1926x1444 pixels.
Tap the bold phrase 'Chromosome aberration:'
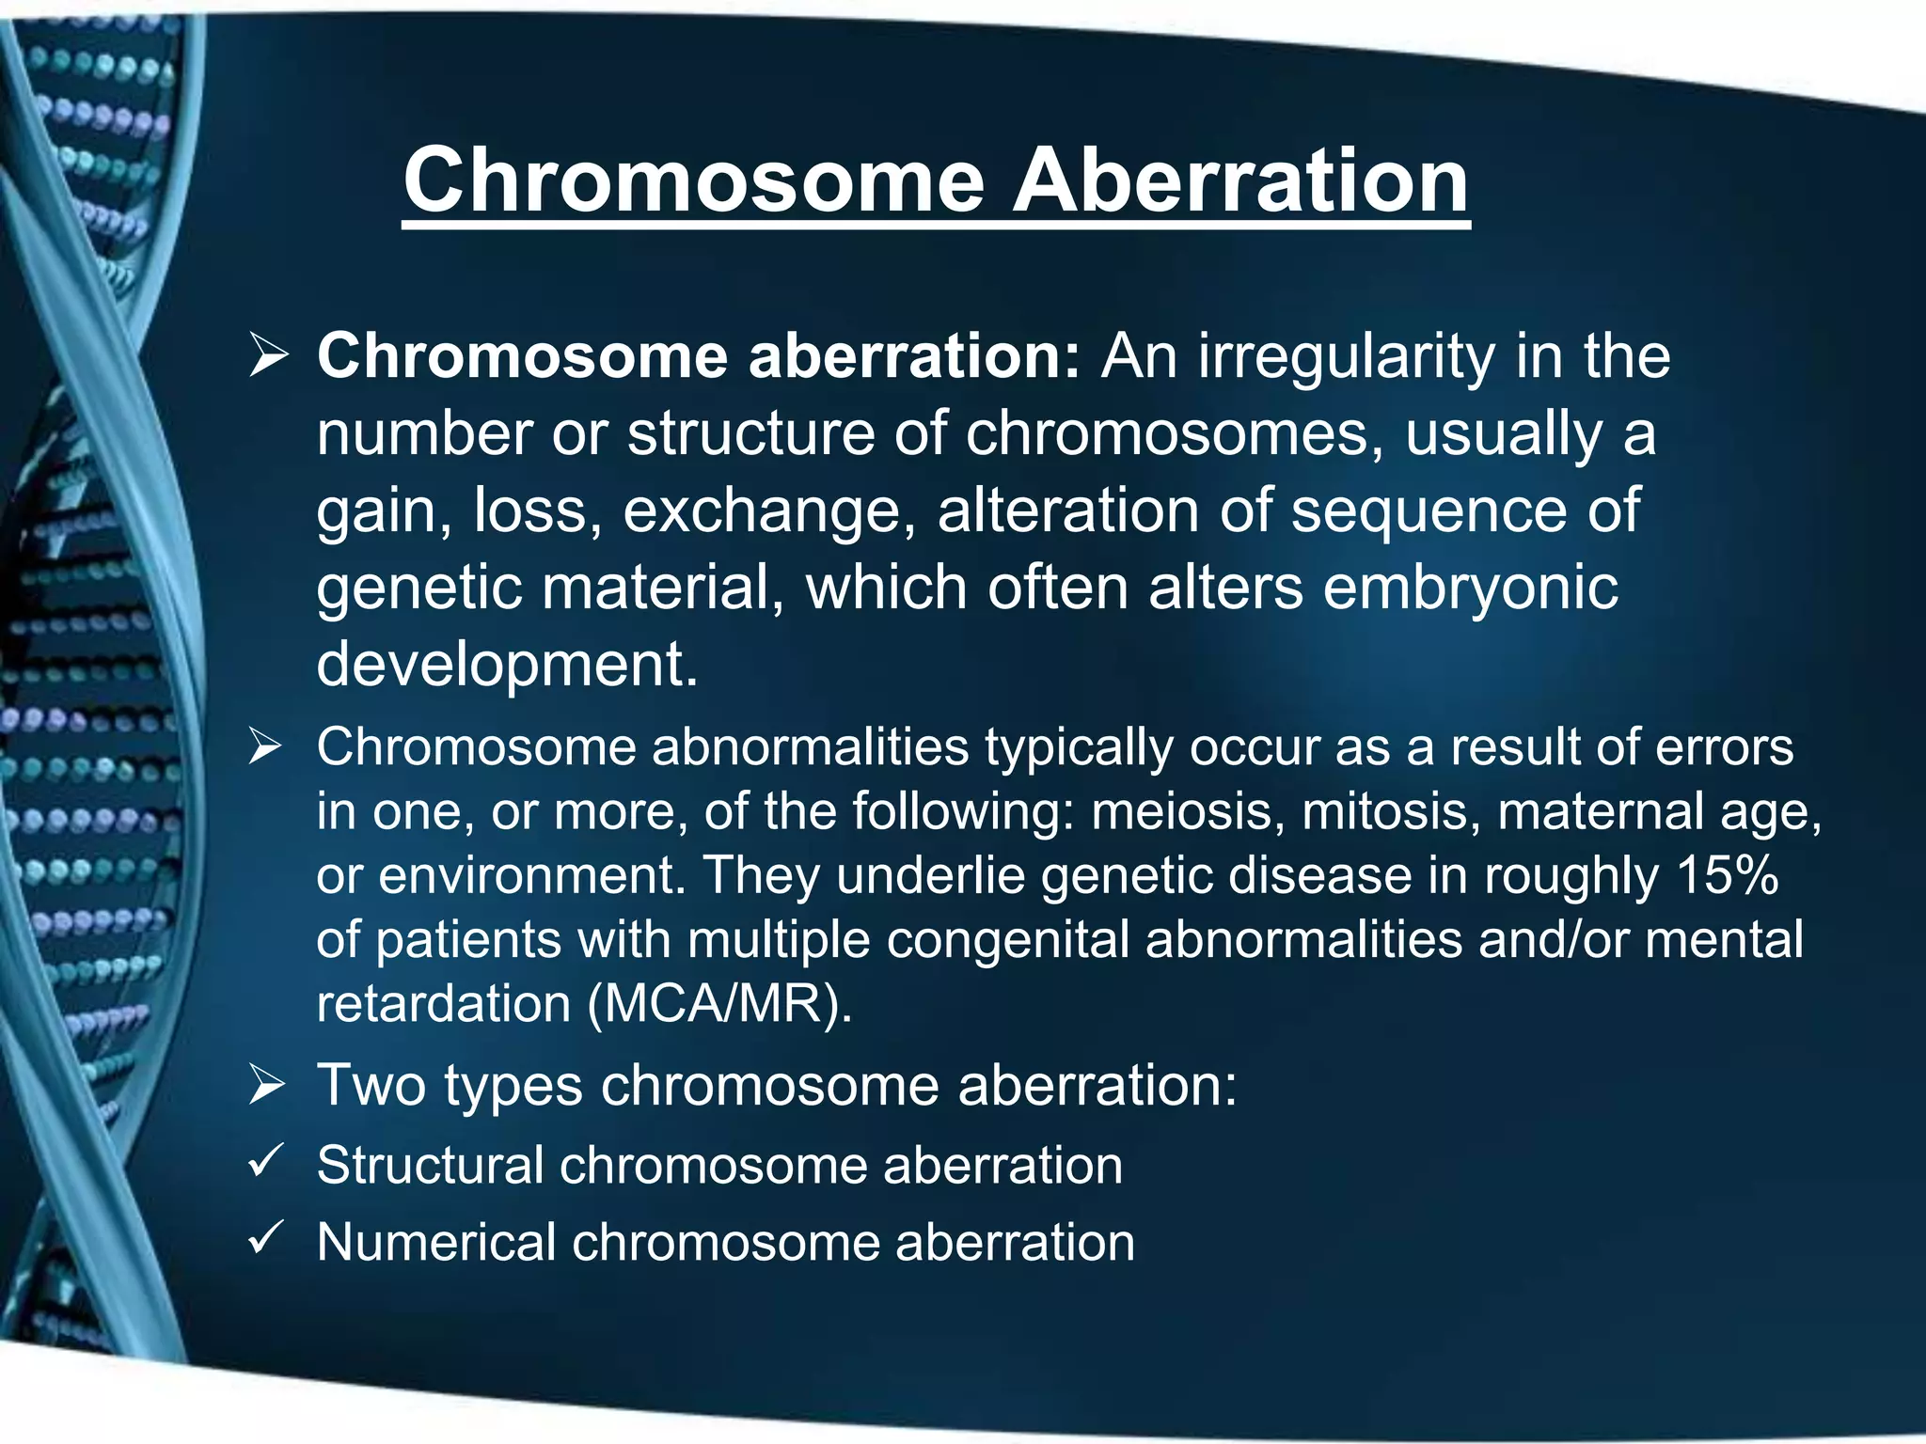tap(698, 357)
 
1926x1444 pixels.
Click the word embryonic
tap(1471, 589)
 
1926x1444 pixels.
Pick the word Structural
tap(430, 1166)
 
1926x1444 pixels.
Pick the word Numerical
tap(436, 1243)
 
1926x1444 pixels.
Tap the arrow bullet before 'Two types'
tap(267, 1086)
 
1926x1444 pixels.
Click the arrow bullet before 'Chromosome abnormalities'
tap(265, 748)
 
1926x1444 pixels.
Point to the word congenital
tap(1007, 940)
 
